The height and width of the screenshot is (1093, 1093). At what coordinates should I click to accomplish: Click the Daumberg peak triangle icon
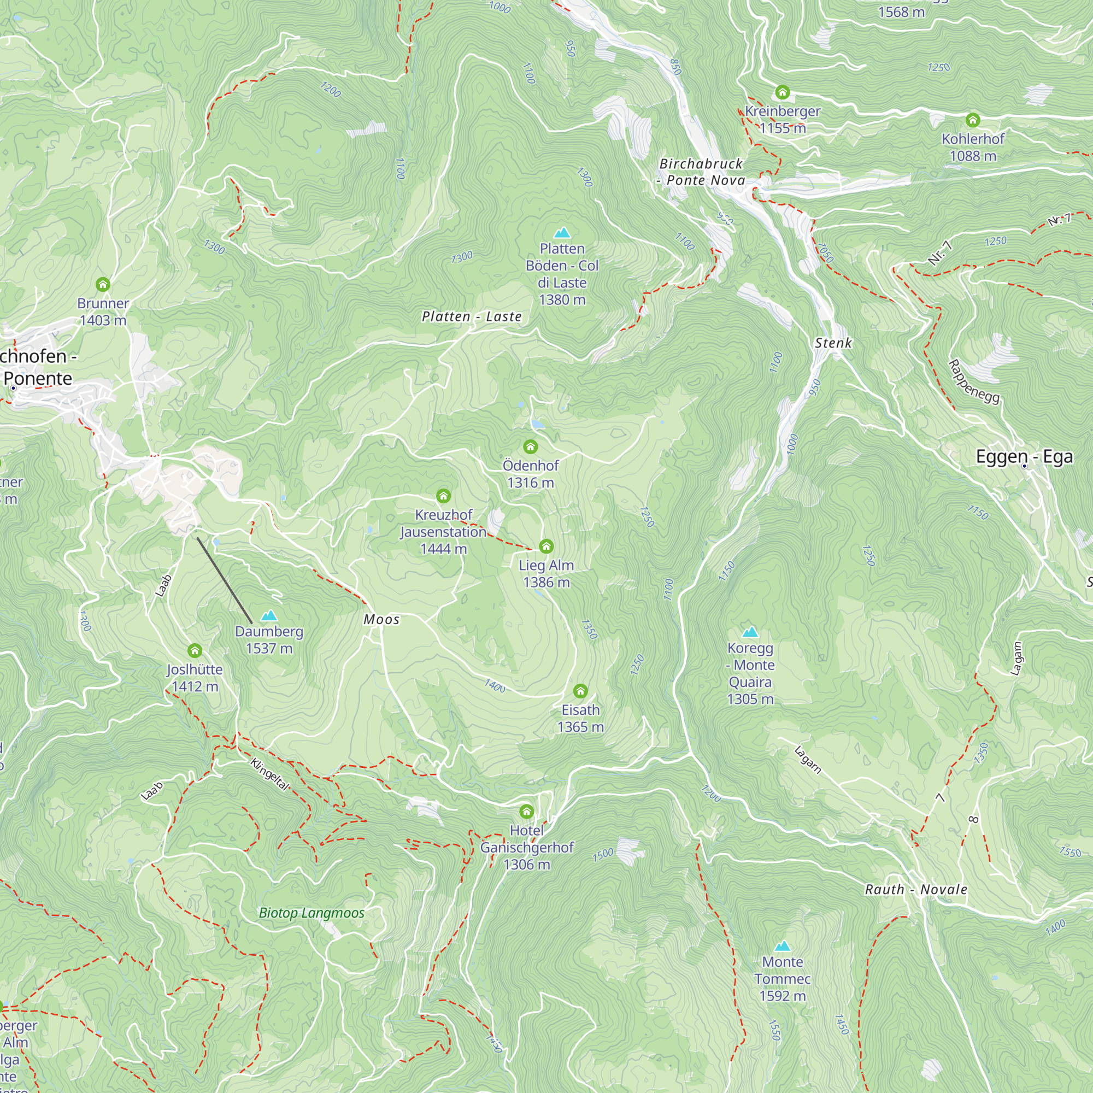click(x=269, y=615)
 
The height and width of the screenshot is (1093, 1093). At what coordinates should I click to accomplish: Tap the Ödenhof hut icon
click(x=530, y=448)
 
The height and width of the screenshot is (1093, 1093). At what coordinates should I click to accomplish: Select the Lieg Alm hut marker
click(x=546, y=546)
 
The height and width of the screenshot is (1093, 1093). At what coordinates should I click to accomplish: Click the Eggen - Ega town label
click(x=1024, y=456)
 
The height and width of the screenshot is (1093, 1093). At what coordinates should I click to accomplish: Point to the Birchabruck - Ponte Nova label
click(x=702, y=172)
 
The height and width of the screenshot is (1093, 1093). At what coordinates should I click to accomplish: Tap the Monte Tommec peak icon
click(x=783, y=946)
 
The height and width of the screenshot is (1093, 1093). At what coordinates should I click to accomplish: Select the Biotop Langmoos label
click(x=312, y=913)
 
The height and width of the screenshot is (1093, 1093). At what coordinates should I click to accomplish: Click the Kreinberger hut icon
click(x=783, y=92)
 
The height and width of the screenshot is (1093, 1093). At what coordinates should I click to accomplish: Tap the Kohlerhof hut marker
click(x=973, y=120)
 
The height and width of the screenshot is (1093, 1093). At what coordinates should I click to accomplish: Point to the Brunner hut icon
click(x=102, y=284)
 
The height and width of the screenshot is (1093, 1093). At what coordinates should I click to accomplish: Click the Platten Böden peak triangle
click(x=562, y=232)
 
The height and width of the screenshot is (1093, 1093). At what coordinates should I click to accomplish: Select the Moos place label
click(x=381, y=620)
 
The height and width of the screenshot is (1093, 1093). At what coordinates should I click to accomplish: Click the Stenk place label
click(x=833, y=343)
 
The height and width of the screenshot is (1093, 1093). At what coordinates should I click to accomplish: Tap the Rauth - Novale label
click(x=916, y=889)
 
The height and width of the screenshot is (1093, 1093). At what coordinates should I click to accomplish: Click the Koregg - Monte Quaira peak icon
click(x=750, y=632)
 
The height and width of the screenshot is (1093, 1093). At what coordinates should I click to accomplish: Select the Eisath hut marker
click(x=580, y=691)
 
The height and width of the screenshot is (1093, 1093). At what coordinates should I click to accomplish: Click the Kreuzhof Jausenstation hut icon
click(x=444, y=496)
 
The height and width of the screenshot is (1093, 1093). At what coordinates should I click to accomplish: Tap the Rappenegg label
click(x=974, y=382)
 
